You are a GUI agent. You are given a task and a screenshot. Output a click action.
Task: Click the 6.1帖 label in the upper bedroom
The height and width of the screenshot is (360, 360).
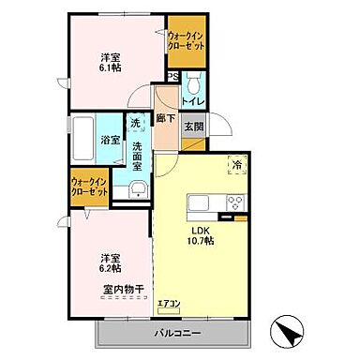[x=112, y=73]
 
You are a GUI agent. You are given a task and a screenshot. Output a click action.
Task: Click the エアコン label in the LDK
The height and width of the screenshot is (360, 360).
[x=169, y=302]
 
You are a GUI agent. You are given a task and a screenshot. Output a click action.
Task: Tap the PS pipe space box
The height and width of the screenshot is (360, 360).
[x=172, y=78]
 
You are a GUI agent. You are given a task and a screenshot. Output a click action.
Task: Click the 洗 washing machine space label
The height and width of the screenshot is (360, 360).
[x=136, y=125]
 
